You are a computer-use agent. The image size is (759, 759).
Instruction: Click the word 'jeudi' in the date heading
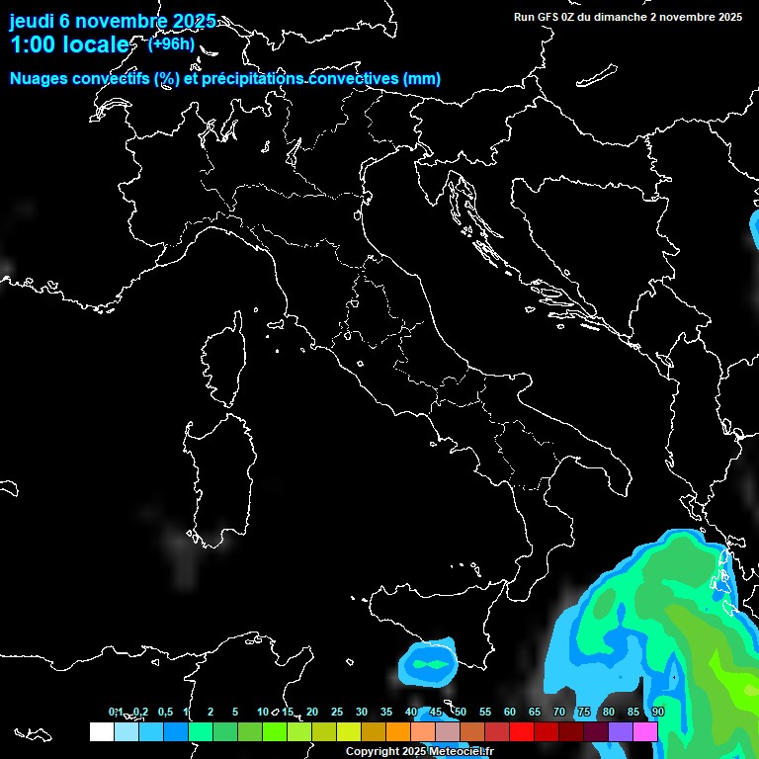pyautogui.click(x=32, y=21)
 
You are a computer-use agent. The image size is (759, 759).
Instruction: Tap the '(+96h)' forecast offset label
pyautogui.click(x=171, y=43)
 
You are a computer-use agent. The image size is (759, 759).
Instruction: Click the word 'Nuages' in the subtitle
pyautogui.click(x=39, y=79)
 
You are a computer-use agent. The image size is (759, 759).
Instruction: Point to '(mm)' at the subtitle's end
pyautogui.click(x=422, y=79)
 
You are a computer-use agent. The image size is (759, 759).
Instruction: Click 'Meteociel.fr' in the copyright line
pyautogui.click(x=461, y=752)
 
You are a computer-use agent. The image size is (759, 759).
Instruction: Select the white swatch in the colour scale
pyautogui.click(x=101, y=731)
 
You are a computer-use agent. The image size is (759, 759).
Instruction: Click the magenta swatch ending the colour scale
pyautogui.click(x=645, y=731)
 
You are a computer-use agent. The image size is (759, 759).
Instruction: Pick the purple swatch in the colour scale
pyautogui.click(x=621, y=731)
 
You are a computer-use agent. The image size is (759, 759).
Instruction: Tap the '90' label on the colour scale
pyautogui.click(x=658, y=713)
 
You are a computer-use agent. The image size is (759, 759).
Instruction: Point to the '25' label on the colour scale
pyautogui.click(x=337, y=713)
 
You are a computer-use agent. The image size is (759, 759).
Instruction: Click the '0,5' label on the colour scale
pyautogui.click(x=165, y=713)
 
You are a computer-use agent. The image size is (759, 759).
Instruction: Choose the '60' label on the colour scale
pyautogui.click(x=510, y=713)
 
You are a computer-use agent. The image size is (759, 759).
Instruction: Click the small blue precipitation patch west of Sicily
pyautogui.click(x=429, y=663)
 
